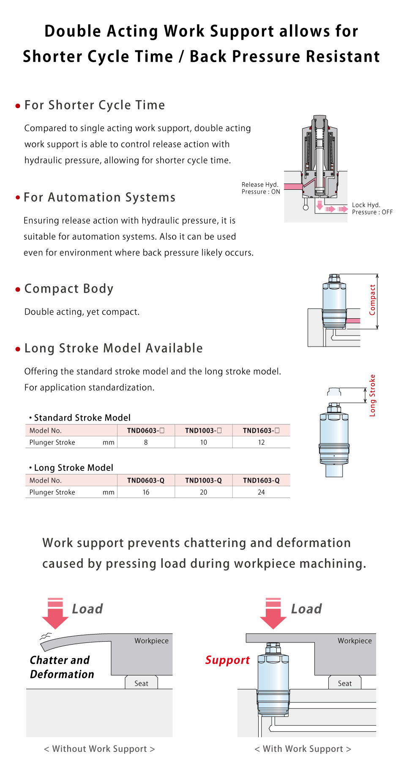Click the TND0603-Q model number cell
146,480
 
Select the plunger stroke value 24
261,492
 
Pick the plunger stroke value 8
146,442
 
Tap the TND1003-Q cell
203,480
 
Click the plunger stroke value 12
261,442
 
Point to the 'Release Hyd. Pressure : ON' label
261,188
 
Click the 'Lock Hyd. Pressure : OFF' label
372,208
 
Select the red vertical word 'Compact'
372,300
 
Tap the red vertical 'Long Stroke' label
372,395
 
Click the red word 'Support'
227,660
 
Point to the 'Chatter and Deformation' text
62,667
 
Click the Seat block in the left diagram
141,683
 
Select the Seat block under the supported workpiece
345,683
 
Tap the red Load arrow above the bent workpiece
55,614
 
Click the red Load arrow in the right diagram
273,614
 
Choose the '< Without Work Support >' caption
99,749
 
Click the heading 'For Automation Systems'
100,197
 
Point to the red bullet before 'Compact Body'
18,290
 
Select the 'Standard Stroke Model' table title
82,418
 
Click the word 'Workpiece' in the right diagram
355,641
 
